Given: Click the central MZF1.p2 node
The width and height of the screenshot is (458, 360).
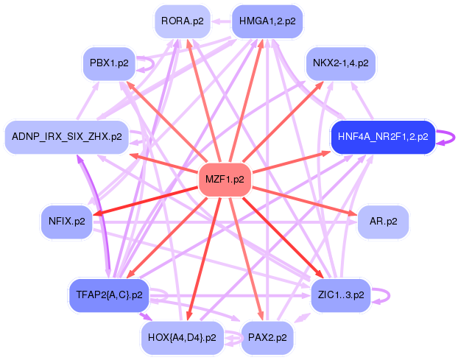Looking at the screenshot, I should (225, 180).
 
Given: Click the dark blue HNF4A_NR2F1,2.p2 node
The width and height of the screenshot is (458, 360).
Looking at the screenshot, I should (382, 138).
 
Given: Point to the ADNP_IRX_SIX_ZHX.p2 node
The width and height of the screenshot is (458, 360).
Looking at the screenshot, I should (67, 138).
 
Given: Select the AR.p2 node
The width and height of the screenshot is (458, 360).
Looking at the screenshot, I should (383, 221).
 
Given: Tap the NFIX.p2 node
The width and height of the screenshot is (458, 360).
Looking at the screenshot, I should (66, 221).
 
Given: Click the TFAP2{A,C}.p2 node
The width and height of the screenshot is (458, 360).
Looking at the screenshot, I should (108, 294).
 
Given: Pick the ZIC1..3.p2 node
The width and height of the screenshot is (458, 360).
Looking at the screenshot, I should (340, 294).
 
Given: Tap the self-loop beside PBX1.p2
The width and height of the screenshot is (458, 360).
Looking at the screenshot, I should (147, 63).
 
